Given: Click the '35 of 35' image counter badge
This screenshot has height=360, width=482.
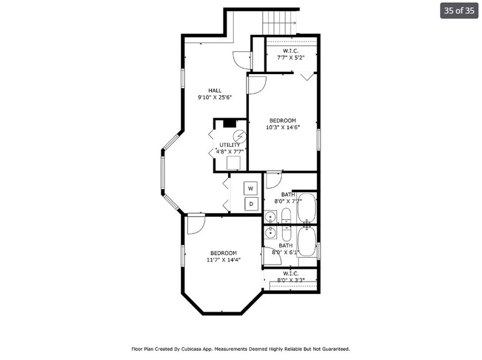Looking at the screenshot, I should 459,11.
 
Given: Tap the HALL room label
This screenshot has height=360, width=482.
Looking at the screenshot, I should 214,91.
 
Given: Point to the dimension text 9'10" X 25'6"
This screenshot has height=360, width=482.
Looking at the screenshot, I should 214,97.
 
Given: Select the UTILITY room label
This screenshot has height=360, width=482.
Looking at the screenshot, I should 230,145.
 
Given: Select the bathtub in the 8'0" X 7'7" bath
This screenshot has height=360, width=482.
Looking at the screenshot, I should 306,209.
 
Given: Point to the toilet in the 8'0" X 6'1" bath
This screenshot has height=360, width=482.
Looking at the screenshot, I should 286,234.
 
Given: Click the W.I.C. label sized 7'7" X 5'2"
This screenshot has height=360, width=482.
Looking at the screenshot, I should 291,53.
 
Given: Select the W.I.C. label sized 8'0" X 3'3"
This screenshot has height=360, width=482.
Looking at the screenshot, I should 291,277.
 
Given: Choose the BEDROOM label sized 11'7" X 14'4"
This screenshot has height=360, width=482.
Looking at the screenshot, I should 223,256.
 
